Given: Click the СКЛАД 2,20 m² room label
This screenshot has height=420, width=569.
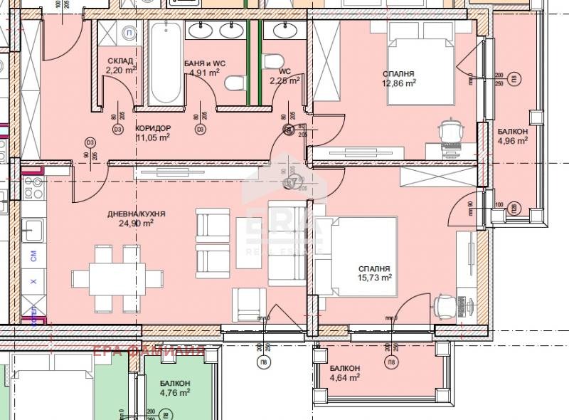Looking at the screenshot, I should [120, 65].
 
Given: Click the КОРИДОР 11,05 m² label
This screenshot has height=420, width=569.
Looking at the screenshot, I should [152, 133].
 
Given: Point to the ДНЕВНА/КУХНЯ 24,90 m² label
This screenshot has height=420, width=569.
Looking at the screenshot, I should [137, 218].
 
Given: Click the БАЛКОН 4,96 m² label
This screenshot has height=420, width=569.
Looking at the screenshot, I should [512, 136].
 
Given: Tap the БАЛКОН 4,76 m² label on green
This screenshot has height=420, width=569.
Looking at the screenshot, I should [174, 387].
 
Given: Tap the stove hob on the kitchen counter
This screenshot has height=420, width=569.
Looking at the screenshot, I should [33, 189].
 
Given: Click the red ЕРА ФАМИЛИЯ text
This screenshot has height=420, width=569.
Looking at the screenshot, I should [149, 350].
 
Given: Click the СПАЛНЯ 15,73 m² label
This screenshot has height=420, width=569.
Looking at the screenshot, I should [374, 273].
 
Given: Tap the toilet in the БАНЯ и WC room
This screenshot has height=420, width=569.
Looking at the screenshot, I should [233, 85].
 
